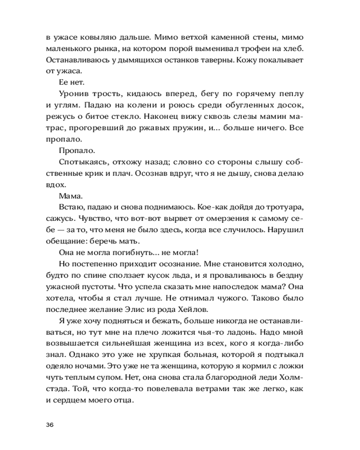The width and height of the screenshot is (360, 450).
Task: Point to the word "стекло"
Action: coord(124,117)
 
